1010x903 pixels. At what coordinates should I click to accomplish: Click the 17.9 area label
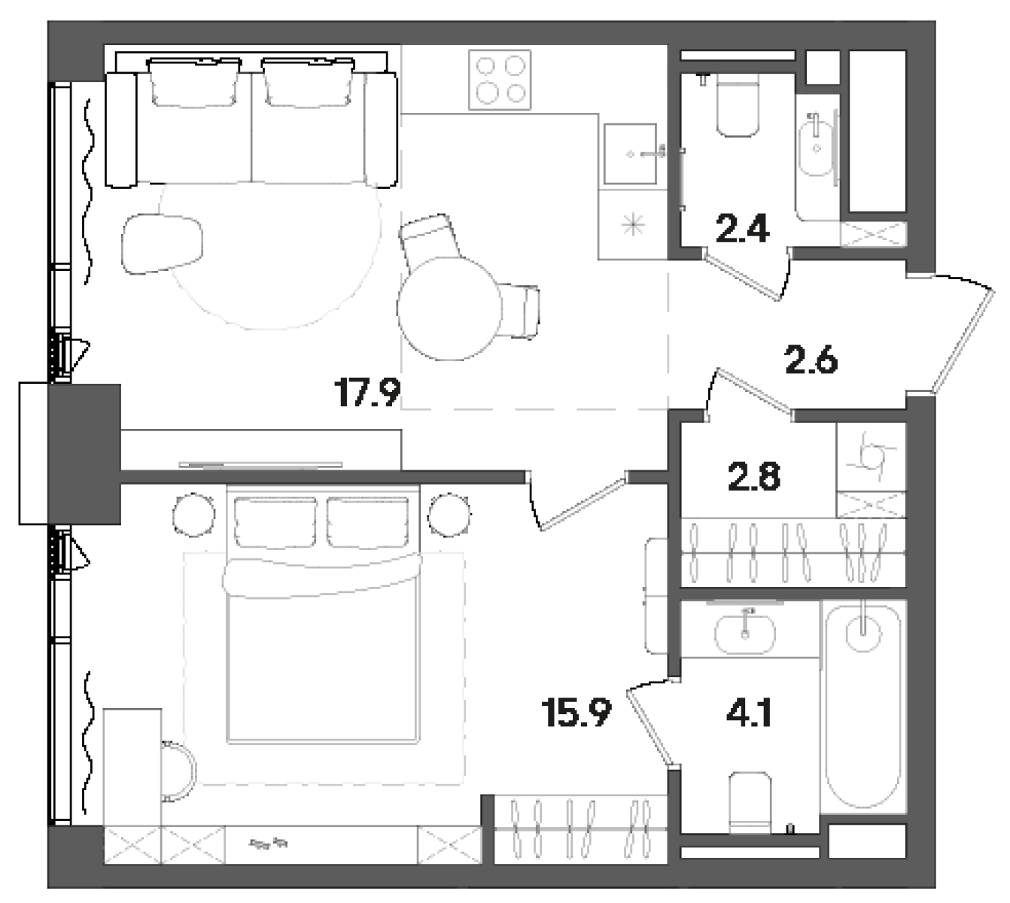click(x=367, y=393)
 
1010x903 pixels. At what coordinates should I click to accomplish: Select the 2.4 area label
click(x=742, y=229)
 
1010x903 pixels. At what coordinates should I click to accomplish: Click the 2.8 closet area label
click(x=754, y=477)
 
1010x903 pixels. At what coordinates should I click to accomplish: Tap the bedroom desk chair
click(x=181, y=772)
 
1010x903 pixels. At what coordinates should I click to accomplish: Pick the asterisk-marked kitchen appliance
click(x=632, y=223)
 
